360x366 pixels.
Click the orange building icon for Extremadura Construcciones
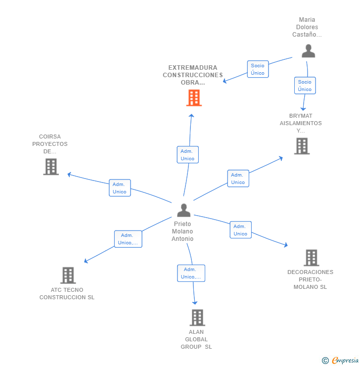[x=194, y=98]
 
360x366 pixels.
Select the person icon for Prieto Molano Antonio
[x=183, y=210]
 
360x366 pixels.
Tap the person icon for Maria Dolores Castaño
[x=308, y=51]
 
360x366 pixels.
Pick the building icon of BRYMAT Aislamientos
[x=302, y=146]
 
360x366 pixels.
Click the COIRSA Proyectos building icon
[x=50, y=167]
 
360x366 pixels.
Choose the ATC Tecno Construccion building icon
[x=68, y=275]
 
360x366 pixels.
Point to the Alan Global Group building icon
[x=197, y=318]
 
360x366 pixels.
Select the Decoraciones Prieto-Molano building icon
[x=311, y=258]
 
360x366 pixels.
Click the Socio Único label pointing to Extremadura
[x=258, y=69]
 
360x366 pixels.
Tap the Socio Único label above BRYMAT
[x=305, y=86]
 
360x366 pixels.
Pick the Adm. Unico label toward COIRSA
[x=120, y=188]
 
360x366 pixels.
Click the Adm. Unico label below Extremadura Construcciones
[x=187, y=155]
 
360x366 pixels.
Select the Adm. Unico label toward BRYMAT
[x=238, y=179]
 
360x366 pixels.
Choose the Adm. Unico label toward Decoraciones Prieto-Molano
[x=240, y=230]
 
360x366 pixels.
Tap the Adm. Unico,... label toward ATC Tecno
[x=128, y=239]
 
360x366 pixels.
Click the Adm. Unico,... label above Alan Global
[x=191, y=273]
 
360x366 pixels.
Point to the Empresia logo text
[x=345, y=361]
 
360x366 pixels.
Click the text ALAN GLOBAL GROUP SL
[x=196, y=339]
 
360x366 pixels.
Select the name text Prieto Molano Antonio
[x=182, y=231]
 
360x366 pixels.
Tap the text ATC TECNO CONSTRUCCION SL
[x=67, y=294]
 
